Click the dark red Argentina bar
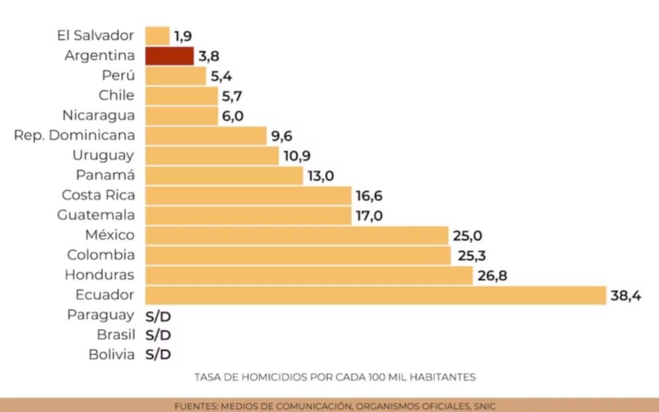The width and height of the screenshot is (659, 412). pos(169,56)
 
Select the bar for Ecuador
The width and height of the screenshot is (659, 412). pos(375,295)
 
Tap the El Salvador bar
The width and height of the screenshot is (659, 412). pos(157,36)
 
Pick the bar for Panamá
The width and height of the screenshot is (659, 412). pos(225,175)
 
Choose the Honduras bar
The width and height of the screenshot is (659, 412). pos(308,275)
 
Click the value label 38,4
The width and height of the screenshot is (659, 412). pos(626,296)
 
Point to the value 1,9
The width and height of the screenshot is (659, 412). pos(183,37)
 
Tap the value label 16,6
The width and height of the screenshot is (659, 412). pos(369,196)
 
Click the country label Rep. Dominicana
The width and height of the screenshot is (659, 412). pos(74,136)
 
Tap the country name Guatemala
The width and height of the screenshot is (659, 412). pos(96,215)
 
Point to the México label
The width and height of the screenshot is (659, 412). pos(110,235)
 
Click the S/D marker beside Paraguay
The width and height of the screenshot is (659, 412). pos(158,316)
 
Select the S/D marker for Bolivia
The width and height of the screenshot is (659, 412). pos(158,355)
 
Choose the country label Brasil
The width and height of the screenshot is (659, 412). pos(116,335)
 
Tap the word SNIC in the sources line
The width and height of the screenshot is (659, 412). pos(481,405)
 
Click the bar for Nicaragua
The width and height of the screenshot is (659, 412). pos(181,116)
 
